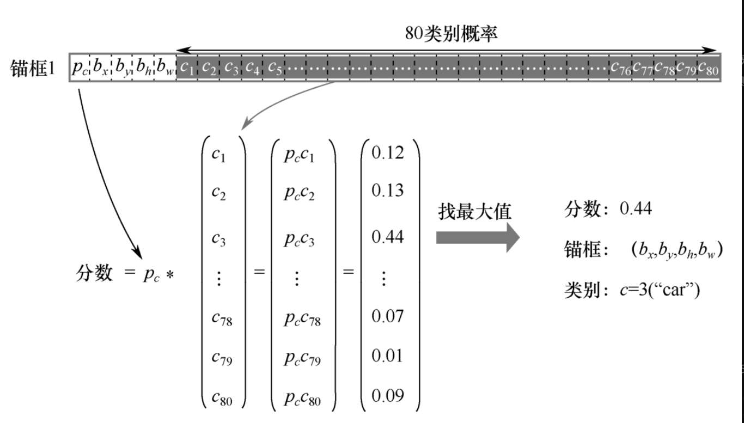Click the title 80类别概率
[x=452, y=34]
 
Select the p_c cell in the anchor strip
[x=80, y=68]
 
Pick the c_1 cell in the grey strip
[x=187, y=68]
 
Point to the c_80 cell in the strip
[x=709, y=68]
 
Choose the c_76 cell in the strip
[x=621, y=68]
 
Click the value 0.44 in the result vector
[x=387, y=237]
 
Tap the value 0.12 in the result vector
[x=387, y=153]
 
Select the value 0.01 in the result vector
[x=387, y=355]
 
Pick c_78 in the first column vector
[x=222, y=319]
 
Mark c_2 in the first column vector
[x=219, y=193]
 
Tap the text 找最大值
[x=475, y=211]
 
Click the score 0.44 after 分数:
[x=636, y=209]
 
